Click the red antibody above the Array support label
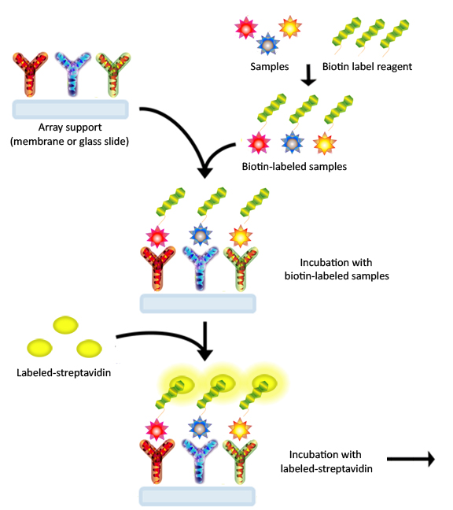point(30,74)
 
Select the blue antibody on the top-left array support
point(72,74)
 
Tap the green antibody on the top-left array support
point(113,74)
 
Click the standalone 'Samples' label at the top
point(270,67)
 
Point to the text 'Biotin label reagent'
point(367,67)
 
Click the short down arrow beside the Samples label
point(308,75)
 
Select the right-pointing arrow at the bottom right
point(411,459)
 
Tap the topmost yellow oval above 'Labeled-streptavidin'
point(65,325)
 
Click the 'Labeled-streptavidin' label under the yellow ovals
point(64,373)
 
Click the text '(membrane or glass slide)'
point(69,142)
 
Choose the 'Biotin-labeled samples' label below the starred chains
point(294,167)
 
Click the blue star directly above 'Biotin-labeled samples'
point(292,142)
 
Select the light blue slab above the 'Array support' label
point(70,109)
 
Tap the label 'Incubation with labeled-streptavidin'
point(326,461)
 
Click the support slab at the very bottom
point(197,497)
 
